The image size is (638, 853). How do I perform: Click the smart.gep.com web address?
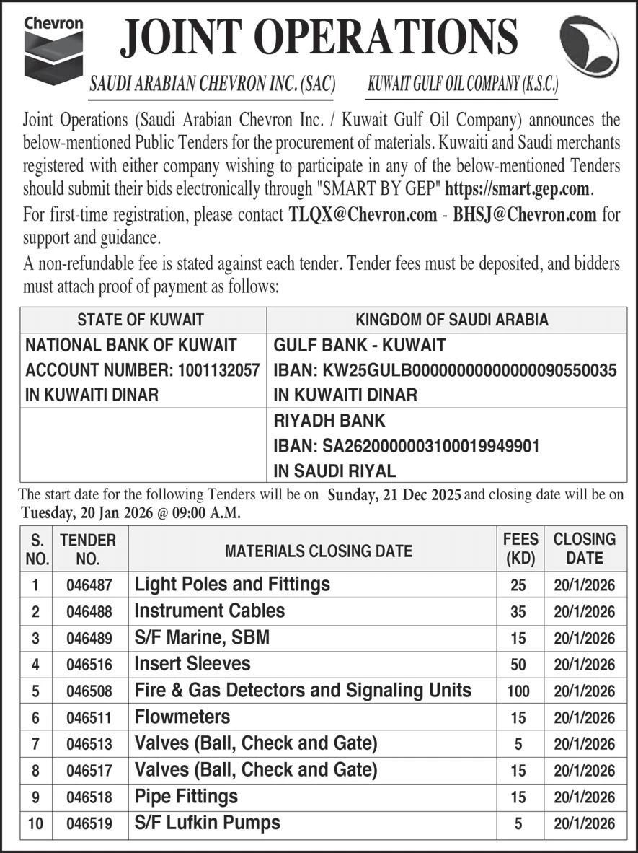click(519, 190)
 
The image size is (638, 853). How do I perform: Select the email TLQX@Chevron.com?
click(363, 214)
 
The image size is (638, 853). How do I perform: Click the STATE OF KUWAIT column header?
click(141, 319)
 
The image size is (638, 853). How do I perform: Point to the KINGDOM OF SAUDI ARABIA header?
click(446, 319)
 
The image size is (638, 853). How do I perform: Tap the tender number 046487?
click(89, 585)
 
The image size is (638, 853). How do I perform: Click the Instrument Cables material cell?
click(210, 611)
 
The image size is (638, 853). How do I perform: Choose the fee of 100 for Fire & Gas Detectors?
click(518, 691)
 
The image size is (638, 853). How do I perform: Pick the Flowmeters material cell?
click(182, 717)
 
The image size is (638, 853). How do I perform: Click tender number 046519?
click(89, 823)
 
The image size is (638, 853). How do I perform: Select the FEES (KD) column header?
click(520, 548)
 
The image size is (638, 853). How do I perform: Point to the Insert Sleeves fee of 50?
click(518, 665)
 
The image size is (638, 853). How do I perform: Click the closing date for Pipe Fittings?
click(585, 797)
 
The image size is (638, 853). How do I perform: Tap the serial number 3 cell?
click(35, 639)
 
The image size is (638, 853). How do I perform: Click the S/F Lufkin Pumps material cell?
click(208, 823)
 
